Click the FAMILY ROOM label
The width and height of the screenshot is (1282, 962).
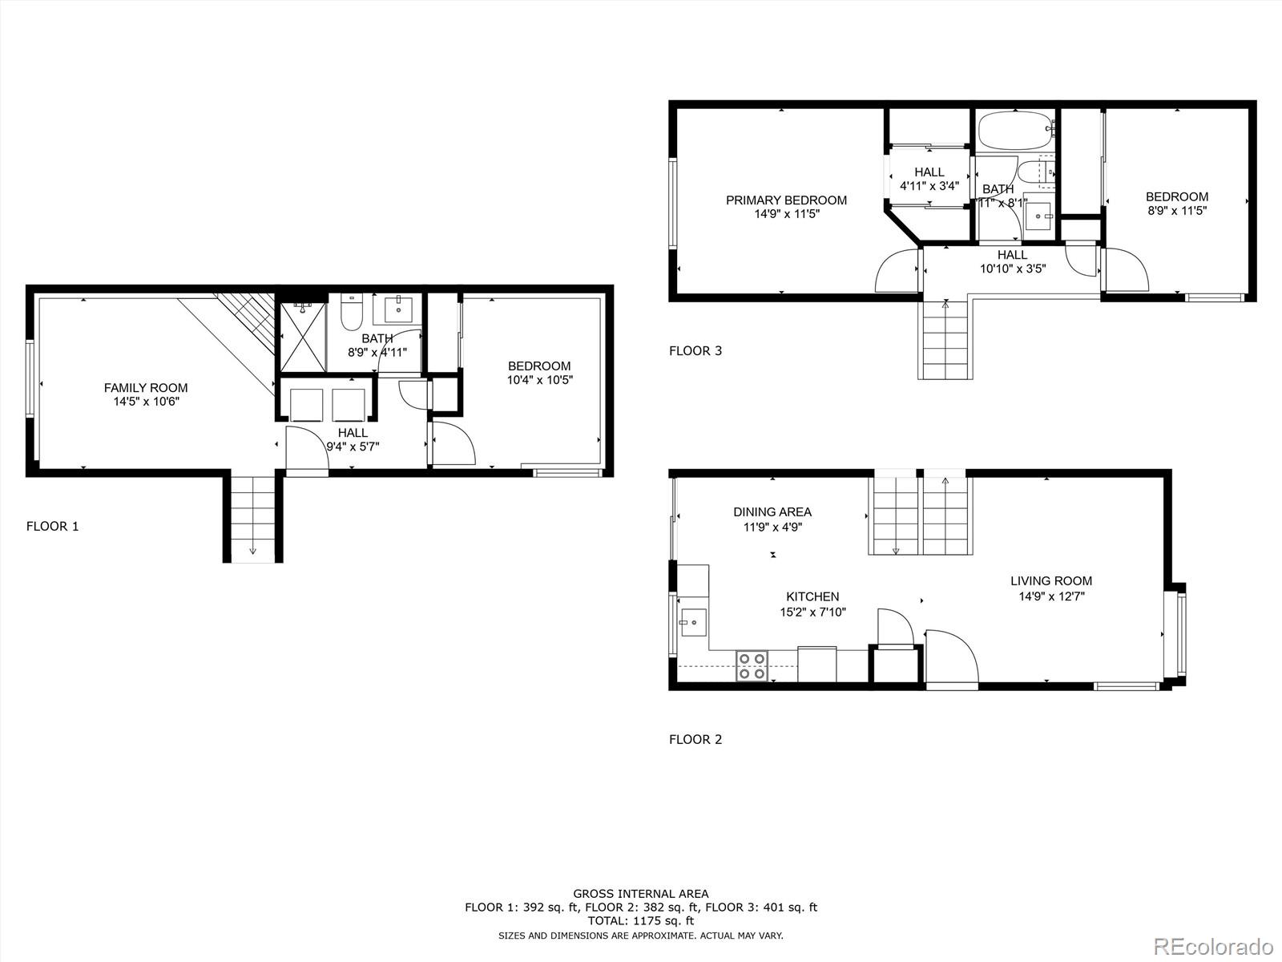(x=146, y=388)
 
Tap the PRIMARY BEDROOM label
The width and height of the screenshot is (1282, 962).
(x=786, y=200)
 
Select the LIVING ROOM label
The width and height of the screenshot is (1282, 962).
(x=1050, y=581)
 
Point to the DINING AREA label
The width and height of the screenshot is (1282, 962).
(x=772, y=512)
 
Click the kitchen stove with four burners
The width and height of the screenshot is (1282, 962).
(x=752, y=666)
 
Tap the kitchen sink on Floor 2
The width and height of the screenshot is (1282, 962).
(x=693, y=621)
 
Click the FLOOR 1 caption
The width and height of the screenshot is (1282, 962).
(x=53, y=527)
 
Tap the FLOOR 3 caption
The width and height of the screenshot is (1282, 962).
(x=695, y=351)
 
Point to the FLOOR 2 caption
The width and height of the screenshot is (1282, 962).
(x=695, y=740)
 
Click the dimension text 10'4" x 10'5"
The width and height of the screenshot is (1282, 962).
(x=539, y=380)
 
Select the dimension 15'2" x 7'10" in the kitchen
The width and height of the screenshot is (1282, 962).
(x=812, y=612)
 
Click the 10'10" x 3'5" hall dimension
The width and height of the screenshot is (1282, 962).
(x=1012, y=269)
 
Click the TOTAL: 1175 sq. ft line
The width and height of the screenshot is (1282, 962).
(x=640, y=922)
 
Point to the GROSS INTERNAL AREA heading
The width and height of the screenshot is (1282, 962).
(x=640, y=893)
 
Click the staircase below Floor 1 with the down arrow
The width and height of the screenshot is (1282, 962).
(x=252, y=519)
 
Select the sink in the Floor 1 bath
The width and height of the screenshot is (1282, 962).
(x=398, y=308)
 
